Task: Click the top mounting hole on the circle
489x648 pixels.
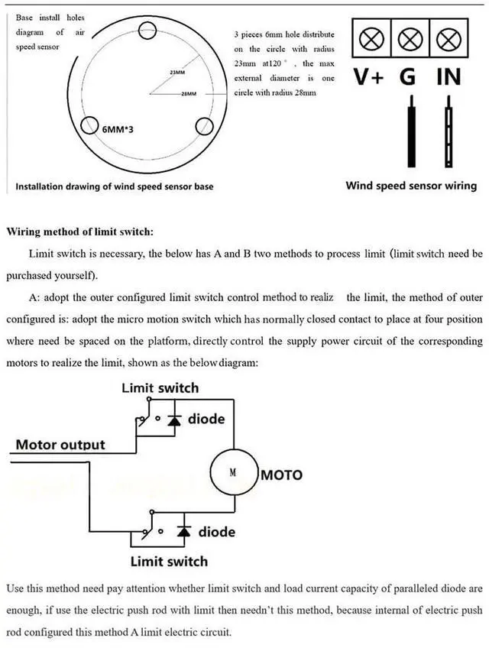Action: pyautogui.click(x=147, y=30)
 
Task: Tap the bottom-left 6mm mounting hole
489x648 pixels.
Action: pyautogui.click(x=89, y=125)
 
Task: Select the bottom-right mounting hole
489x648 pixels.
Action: pyautogui.click(x=204, y=126)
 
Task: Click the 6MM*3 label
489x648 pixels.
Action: pyautogui.click(x=118, y=129)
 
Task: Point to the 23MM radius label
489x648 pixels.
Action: pyautogui.click(x=178, y=73)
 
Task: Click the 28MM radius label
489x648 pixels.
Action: pyautogui.click(x=189, y=94)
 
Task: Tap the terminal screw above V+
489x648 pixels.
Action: pyautogui.click(x=371, y=39)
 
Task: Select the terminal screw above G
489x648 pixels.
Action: pyautogui.click(x=410, y=39)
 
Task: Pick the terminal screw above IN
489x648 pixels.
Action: pyautogui.click(x=449, y=39)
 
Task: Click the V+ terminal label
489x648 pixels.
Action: pyautogui.click(x=368, y=77)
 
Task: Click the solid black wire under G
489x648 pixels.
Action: pyautogui.click(x=411, y=131)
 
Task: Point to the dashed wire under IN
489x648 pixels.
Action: pyautogui.click(x=449, y=131)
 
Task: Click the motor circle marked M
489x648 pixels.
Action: pyautogui.click(x=234, y=473)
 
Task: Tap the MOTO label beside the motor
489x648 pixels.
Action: pyautogui.click(x=281, y=475)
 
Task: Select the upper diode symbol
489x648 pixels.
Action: pyautogui.click(x=174, y=419)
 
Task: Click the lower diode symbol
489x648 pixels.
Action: pyautogui.click(x=184, y=531)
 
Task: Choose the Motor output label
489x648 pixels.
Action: pyautogui.click(x=60, y=445)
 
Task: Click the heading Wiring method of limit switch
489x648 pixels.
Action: pyautogui.click(x=79, y=232)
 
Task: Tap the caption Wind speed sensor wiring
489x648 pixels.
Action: pyautogui.click(x=411, y=186)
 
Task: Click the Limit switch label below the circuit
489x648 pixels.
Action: pyautogui.click(x=169, y=561)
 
